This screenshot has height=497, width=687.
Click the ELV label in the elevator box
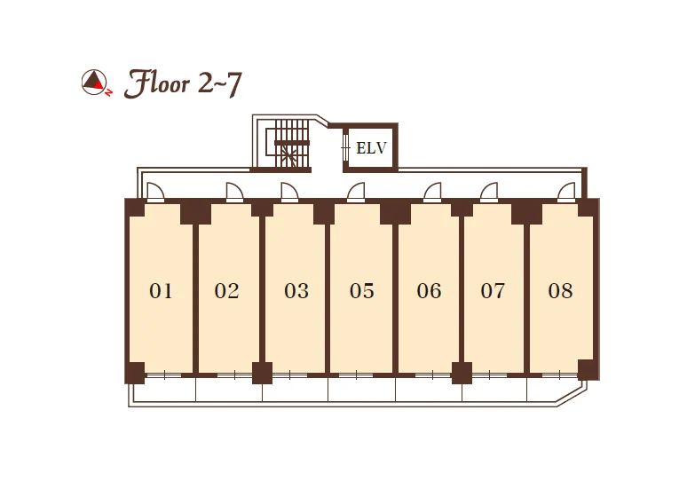point(371,148)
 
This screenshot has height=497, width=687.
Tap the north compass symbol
point(97,82)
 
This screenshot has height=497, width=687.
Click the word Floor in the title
point(157,83)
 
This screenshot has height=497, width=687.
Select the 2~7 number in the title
point(220,83)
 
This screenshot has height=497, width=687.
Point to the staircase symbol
point(288,143)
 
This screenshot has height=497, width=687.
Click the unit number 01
point(161,291)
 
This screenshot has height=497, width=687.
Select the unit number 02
point(226,291)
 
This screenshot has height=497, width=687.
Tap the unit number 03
point(296,291)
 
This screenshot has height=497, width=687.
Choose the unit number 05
point(362,291)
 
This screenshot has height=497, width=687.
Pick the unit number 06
point(429,291)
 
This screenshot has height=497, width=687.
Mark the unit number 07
point(493,291)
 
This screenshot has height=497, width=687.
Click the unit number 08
point(560,291)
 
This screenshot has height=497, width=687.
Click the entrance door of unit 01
point(155,192)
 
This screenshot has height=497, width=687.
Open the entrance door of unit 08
point(566,192)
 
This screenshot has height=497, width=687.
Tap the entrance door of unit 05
point(356,192)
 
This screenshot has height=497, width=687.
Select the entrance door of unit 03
point(289,192)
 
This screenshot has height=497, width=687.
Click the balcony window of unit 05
point(356,375)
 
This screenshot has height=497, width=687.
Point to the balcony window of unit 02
point(234,375)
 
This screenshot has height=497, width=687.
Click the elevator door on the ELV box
point(345,147)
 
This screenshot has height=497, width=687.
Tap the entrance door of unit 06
point(432,192)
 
